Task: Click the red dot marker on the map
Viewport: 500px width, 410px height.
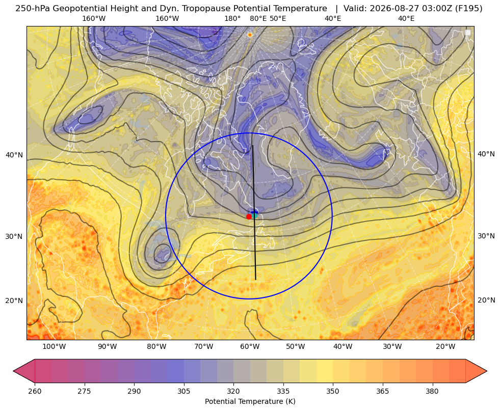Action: click(249, 216)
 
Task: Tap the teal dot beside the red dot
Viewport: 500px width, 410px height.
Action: click(254, 215)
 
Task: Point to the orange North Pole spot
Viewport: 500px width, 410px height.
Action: click(250, 35)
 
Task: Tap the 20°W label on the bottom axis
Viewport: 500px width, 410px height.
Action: click(445, 347)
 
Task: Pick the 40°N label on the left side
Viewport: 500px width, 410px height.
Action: click(14, 155)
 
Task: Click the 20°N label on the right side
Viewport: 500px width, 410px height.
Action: click(486, 300)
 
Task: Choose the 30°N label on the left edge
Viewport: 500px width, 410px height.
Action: click(14, 236)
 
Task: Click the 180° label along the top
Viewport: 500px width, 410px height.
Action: click(232, 18)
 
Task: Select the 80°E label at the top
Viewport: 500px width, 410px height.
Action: click(258, 18)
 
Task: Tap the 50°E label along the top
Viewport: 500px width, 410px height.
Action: click(278, 18)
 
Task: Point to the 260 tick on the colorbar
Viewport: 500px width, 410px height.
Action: click(35, 391)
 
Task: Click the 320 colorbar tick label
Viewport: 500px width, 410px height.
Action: click(233, 391)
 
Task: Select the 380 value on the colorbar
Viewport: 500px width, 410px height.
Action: click(432, 391)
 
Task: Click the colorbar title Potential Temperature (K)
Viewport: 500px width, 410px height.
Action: click(250, 401)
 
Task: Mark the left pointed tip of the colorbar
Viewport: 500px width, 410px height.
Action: click(13, 371)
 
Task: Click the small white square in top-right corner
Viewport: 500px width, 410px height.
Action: click(468, 33)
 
